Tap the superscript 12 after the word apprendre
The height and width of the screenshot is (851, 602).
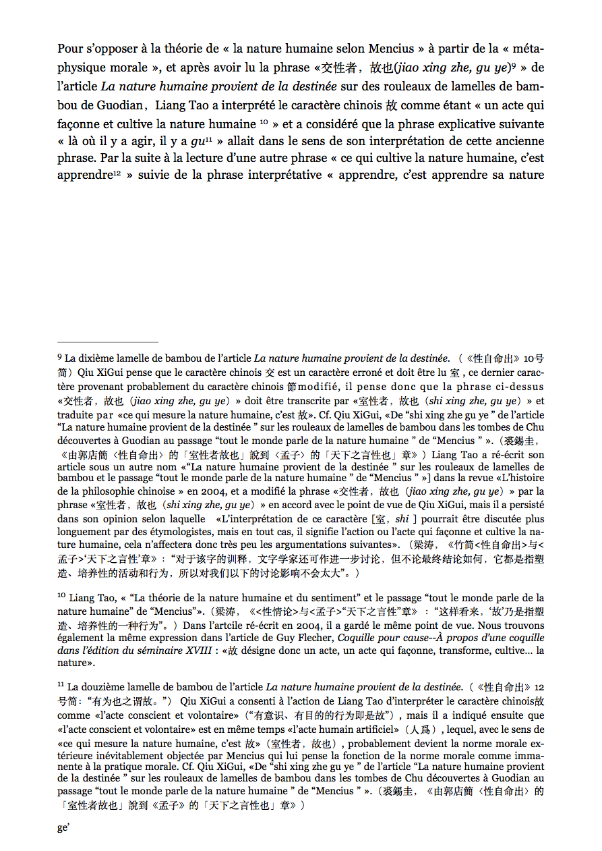(117, 173)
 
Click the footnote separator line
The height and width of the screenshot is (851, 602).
(108, 342)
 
